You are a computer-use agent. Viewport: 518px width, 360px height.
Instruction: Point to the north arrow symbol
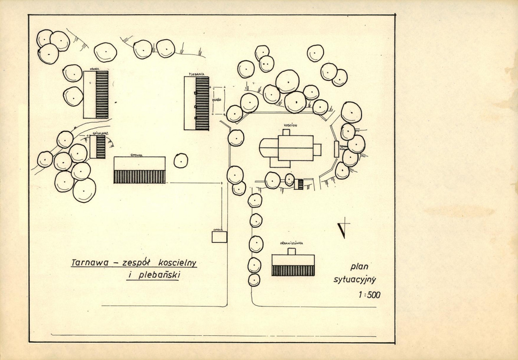343,229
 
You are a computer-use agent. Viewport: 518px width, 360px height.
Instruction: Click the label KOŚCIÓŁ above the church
289,125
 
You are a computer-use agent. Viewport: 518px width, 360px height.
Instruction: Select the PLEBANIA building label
196,74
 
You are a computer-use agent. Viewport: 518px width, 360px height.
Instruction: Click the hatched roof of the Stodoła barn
140,177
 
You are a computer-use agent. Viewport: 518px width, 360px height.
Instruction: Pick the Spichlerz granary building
98,147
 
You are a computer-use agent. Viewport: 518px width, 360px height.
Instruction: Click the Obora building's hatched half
102,95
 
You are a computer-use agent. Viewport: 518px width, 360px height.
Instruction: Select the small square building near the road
219,237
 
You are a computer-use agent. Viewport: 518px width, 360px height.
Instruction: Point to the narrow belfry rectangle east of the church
336,149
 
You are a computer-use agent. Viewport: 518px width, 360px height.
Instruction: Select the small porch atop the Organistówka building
292,251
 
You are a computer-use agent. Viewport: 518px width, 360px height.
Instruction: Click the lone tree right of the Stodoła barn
181,160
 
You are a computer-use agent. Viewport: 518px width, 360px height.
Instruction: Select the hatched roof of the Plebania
202,103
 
